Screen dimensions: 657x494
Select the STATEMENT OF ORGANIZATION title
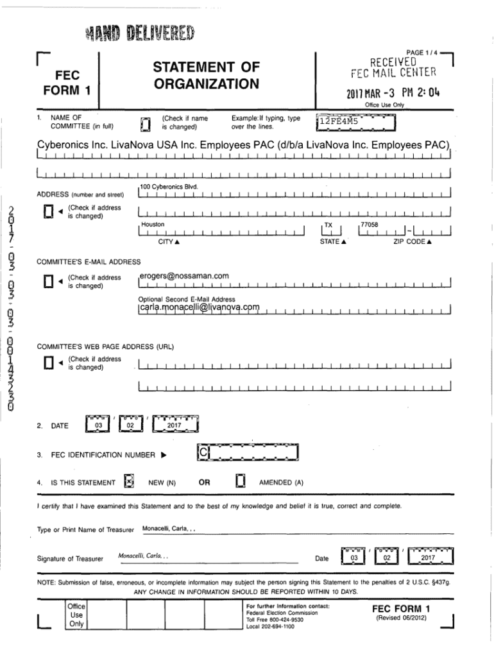click(205, 75)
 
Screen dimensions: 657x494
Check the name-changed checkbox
click(145, 122)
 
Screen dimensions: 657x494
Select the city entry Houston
click(153, 225)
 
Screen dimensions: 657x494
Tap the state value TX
click(328, 225)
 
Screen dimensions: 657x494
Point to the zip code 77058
click(370, 225)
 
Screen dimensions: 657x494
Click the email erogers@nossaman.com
click(184, 276)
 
